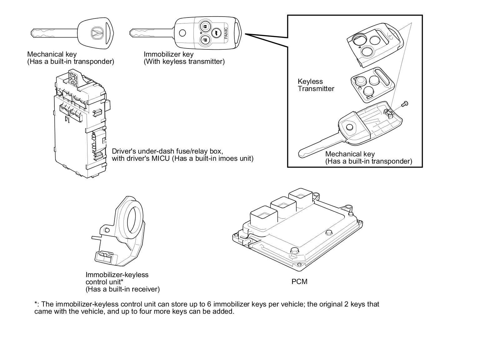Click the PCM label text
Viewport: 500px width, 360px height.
299,281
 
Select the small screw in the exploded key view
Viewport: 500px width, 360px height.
405,104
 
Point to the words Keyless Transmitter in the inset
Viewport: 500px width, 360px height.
316,85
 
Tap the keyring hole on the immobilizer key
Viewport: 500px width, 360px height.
182,33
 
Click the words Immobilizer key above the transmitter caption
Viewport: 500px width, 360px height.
168,54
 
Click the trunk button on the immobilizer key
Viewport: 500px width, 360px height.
216,33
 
